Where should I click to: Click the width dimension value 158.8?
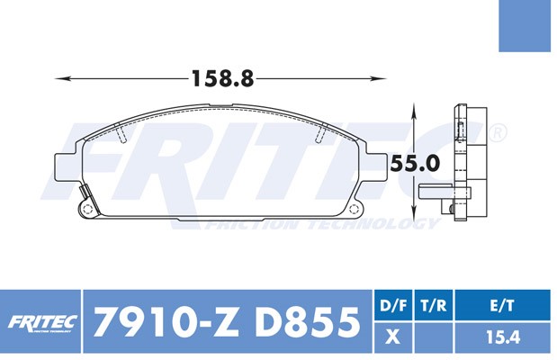click(223, 78)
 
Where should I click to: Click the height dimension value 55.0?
click(415, 164)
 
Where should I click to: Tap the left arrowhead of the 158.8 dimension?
click(61, 78)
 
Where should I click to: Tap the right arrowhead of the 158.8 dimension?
click(380, 78)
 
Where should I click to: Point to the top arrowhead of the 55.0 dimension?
click(414, 109)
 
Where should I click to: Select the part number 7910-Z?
click(166, 322)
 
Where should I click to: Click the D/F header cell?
click(393, 305)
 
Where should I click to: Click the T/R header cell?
click(434, 305)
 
